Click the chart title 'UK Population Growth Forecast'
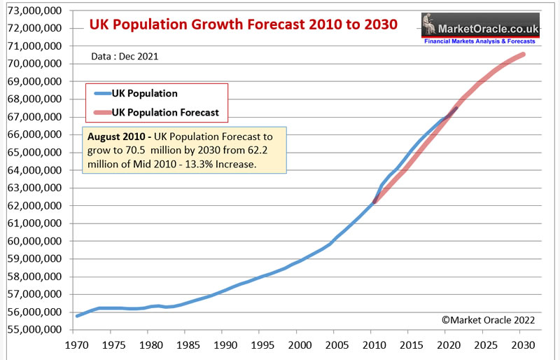pos(243,24)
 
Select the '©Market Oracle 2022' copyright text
pos(489,319)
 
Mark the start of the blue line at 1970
pos(77,316)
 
